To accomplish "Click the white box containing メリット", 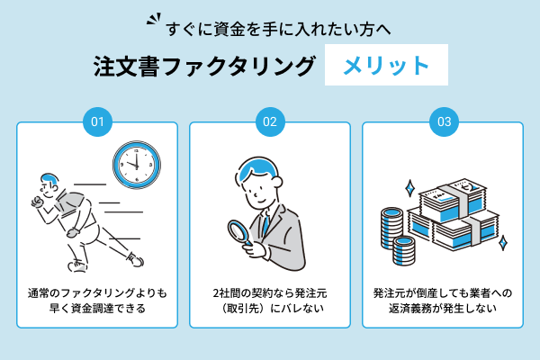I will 386,67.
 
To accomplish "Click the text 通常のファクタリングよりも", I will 97,292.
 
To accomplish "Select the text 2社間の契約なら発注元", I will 269,292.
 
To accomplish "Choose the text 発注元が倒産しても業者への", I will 442,292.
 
